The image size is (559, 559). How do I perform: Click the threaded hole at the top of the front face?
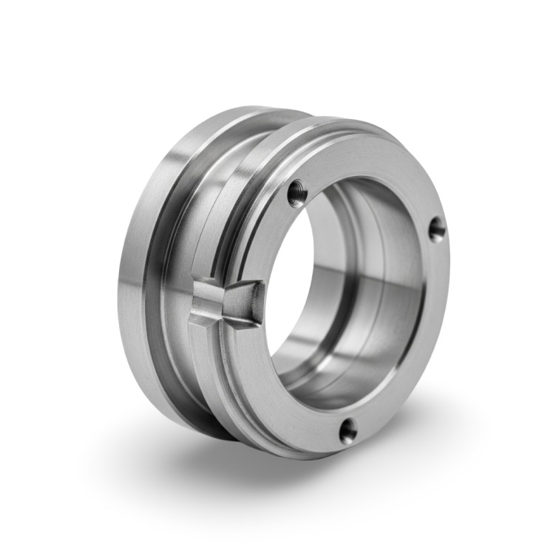pos(297,194)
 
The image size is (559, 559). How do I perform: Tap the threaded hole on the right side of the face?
pos(437,228)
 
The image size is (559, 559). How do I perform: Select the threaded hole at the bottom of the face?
pos(348,430)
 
